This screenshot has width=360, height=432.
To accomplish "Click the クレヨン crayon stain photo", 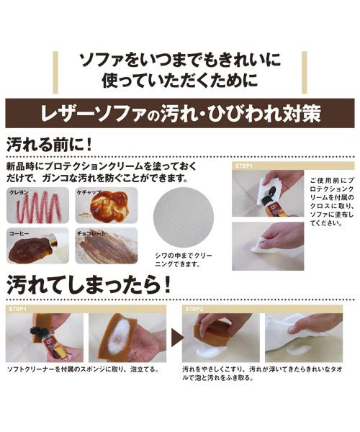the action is click(37, 205).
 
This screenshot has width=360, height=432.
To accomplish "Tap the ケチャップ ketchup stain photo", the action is click(107, 205).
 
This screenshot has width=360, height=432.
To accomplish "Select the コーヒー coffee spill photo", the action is click(37, 246).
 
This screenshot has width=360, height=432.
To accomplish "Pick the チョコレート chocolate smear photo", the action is click(107, 246).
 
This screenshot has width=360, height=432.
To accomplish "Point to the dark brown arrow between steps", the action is click(178, 338).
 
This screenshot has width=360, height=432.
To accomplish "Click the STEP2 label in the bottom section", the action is click(194, 309).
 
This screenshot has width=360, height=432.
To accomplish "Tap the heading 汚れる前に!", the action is click(49, 144).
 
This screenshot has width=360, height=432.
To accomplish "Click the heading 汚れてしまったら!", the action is click(89, 284).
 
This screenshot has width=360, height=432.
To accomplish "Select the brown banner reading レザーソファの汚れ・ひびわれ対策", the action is click(180, 113).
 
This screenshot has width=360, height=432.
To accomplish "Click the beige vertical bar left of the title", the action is click(55, 73).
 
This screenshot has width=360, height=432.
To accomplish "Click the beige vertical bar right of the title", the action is click(305, 73).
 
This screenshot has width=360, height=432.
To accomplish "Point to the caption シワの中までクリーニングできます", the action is click(184, 260).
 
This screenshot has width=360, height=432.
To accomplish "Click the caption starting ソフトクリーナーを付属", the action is click(83, 369).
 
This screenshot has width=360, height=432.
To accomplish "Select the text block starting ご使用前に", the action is click(332, 202).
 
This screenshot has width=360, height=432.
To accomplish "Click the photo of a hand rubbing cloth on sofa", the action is click(268, 246).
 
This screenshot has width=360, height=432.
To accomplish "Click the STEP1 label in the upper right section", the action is click(244, 166).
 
